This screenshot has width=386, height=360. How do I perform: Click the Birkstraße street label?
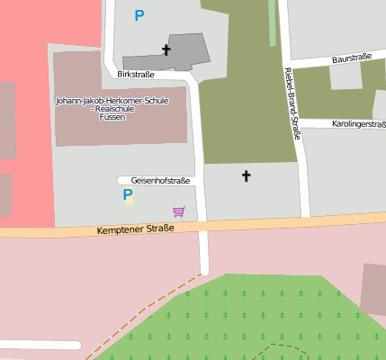pyautogui.click(x=136, y=75)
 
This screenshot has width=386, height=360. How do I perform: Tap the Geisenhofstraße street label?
pyautogui.click(x=160, y=181)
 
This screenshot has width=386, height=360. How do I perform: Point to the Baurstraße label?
pyautogui.click(x=352, y=58)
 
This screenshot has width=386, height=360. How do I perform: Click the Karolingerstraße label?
pyautogui.click(x=358, y=123)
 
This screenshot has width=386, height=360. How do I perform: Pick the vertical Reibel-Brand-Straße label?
pyautogui.click(x=291, y=103)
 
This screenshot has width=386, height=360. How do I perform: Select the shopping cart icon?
pyautogui.click(x=179, y=211)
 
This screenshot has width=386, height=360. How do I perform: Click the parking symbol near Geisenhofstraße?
pyautogui.click(x=128, y=195)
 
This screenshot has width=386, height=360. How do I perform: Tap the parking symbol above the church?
pyautogui.click(x=139, y=15)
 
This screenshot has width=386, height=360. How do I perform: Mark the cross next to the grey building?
pyautogui.click(x=166, y=49)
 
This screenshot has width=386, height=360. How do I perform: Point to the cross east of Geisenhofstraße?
pyautogui.click(x=246, y=176)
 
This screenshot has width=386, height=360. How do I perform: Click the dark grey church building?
pyautogui.click(x=184, y=50)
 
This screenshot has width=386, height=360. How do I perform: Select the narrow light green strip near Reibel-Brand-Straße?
pyautogui.click(x=273, y=22)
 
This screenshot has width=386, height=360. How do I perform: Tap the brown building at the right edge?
pyautogui.click(x=374, y=289)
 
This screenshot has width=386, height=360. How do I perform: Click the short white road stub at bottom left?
pyautogui.click(x=40, y=345)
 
